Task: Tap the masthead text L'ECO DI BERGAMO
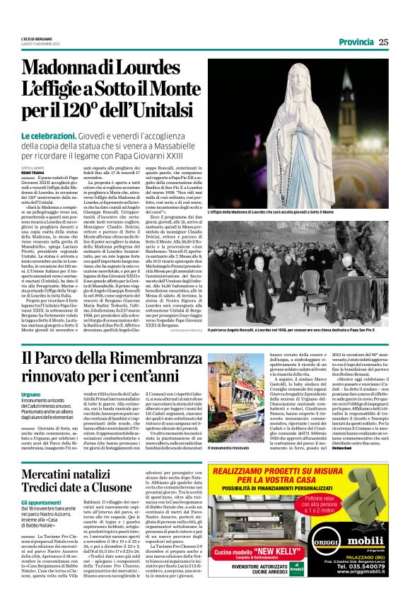click(36, 38)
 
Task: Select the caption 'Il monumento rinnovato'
click(228, 449)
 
